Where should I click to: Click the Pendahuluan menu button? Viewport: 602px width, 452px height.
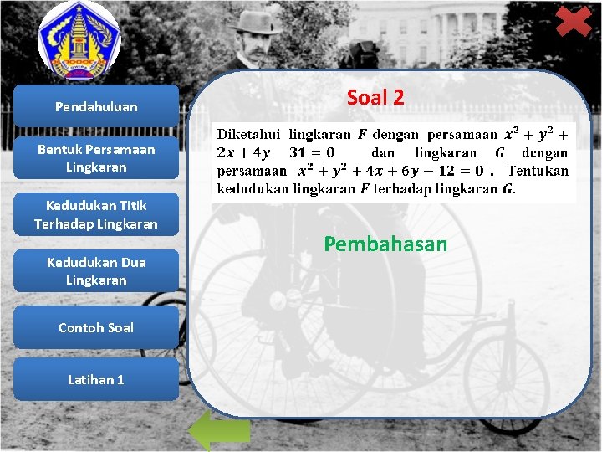click(x=96, y=106)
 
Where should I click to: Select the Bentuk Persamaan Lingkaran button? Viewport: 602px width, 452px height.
click(x=96, y=158)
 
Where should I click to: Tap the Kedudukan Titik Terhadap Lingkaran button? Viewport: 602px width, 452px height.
click(x=96, y=214)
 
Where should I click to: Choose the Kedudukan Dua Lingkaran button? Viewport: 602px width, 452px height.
click(x=96, y=270)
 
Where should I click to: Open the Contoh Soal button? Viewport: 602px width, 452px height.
click(x=96, y=327)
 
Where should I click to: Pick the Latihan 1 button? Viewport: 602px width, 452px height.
click(x=96, y=379)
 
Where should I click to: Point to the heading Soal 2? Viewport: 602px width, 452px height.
click(x=375, y=97)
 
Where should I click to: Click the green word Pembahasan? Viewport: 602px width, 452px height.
click(x=385, y=244)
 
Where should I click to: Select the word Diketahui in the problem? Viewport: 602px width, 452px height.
click(x=249, y=134)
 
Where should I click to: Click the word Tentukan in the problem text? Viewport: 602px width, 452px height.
click(x=538, y=171)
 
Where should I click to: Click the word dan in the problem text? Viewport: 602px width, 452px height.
click(x=383, y=152)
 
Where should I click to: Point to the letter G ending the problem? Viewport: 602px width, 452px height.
click(x=508, y=189)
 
